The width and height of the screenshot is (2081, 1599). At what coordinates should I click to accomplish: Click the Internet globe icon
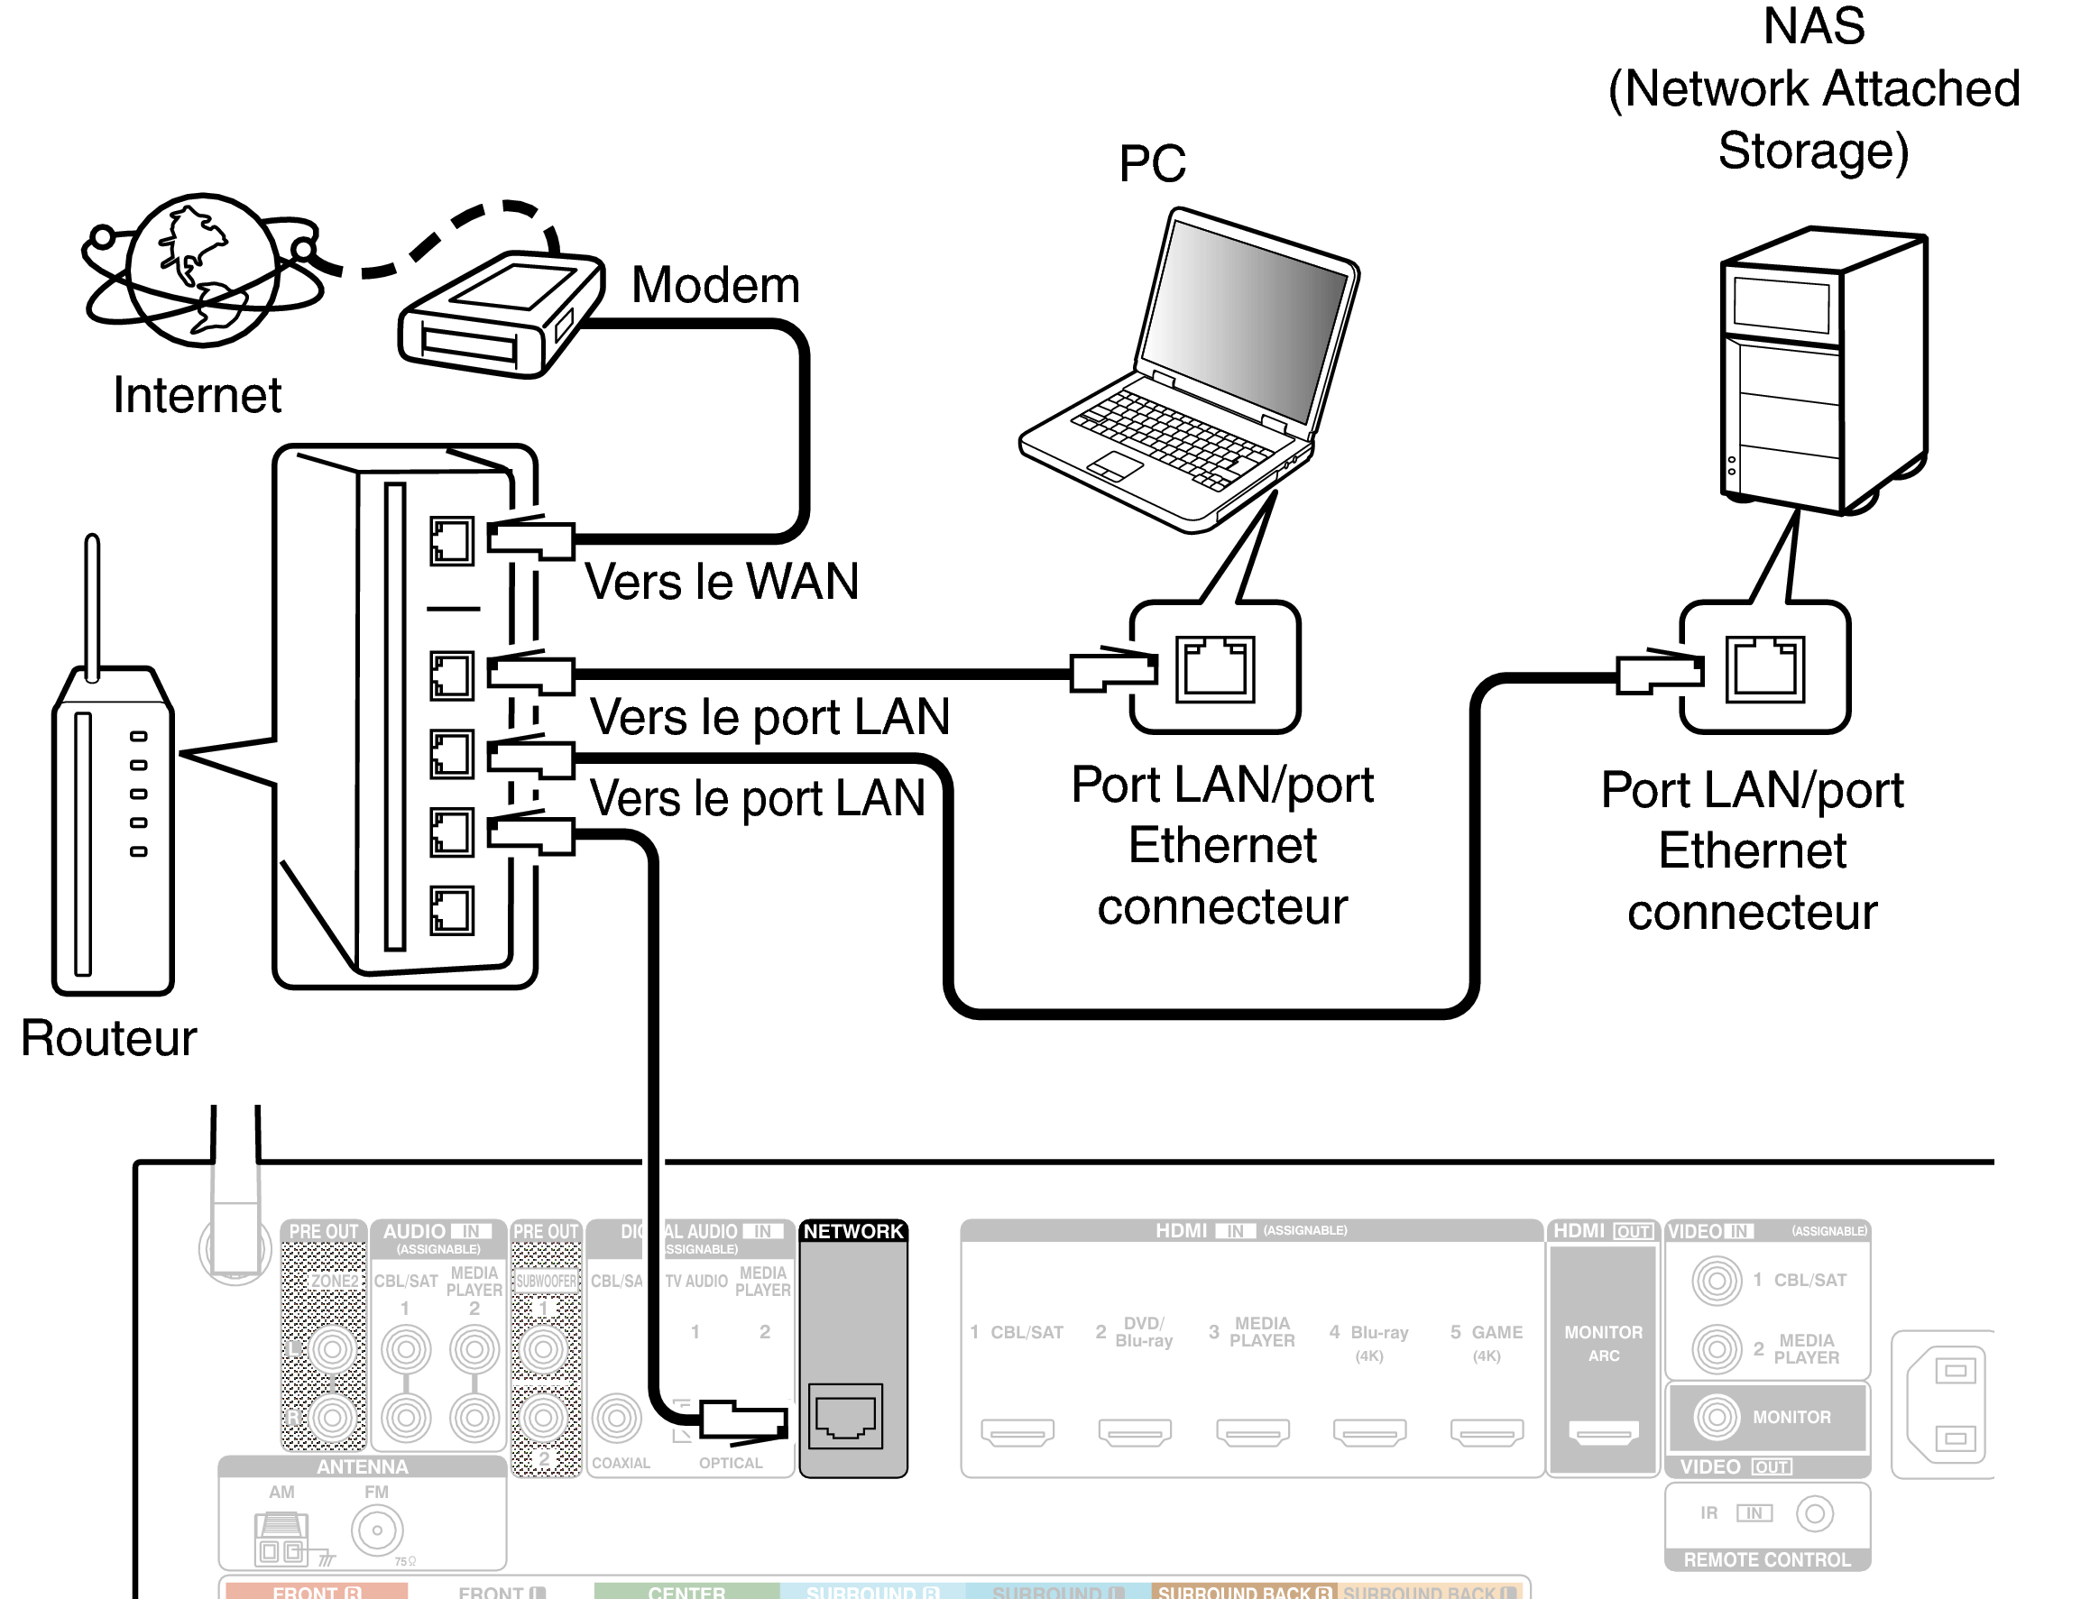(203, 271)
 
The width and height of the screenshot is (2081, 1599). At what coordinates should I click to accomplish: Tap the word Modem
(715, 286)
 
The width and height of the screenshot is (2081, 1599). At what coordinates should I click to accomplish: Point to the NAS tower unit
(1822, 372)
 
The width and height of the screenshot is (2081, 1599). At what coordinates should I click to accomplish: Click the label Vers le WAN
(721, 582)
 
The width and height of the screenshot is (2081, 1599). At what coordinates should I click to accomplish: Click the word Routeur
(108, 1038)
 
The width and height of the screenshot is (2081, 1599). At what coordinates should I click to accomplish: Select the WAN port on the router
(451, 541)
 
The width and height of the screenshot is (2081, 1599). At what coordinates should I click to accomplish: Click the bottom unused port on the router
(451, 911)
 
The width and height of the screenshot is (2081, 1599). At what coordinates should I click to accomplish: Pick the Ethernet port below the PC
(1215, 669)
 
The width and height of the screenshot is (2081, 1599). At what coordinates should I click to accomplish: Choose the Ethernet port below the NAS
(1764, 669)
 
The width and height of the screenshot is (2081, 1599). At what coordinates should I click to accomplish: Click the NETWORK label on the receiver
(853, 1232)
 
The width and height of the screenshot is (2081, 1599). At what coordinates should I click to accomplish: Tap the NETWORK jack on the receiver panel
(845, 1415)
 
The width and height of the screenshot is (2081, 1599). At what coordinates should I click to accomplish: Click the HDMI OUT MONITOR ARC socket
(1603, 1431)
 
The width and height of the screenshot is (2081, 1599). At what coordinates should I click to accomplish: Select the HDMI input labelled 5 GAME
(1486, 1431)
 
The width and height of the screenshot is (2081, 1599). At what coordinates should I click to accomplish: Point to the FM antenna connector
(377, 1530)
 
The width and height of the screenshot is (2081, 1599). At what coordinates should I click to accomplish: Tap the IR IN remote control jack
(1815, 1513)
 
